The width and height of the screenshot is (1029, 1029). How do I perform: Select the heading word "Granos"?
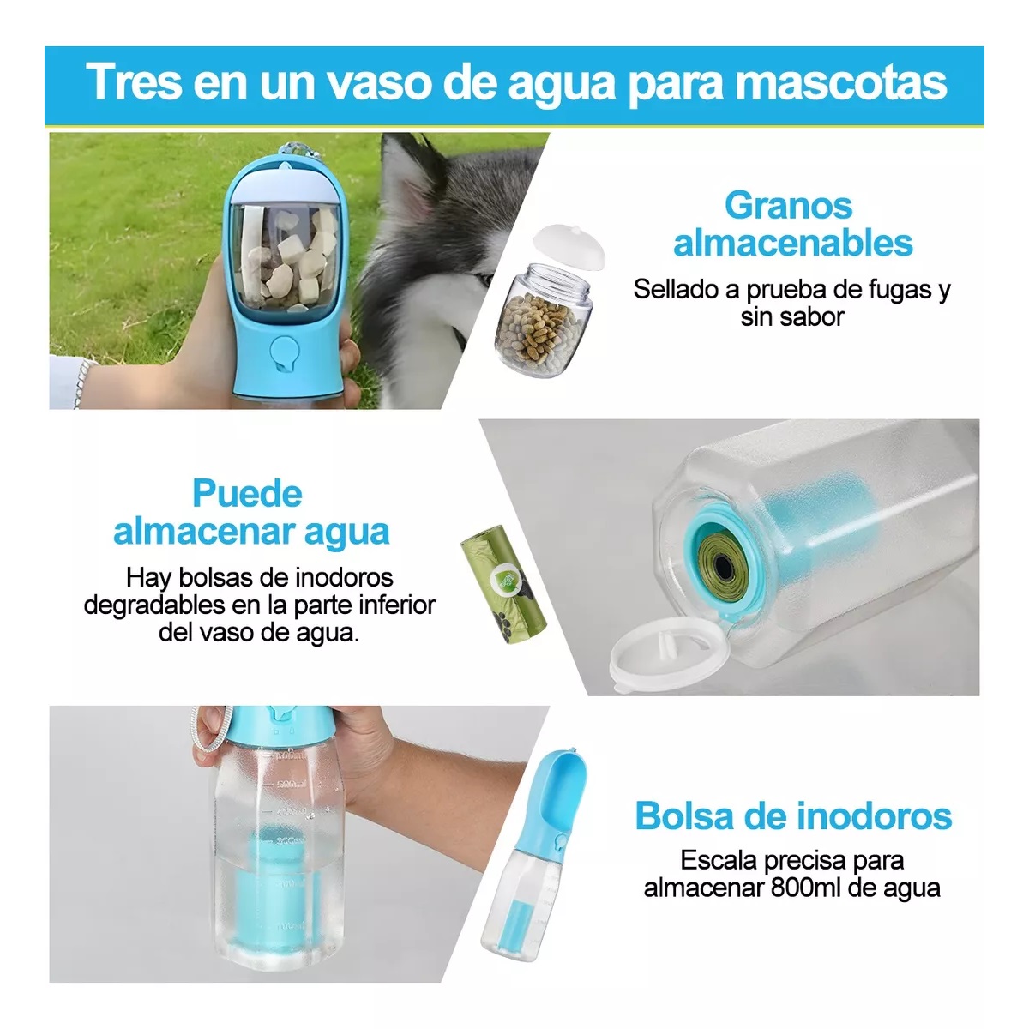[788, 206]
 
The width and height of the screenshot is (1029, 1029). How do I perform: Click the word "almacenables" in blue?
[792, 243]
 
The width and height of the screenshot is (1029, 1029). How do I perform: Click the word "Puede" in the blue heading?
[247, 494]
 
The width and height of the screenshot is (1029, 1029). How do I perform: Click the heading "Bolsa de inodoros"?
[792, 815]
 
